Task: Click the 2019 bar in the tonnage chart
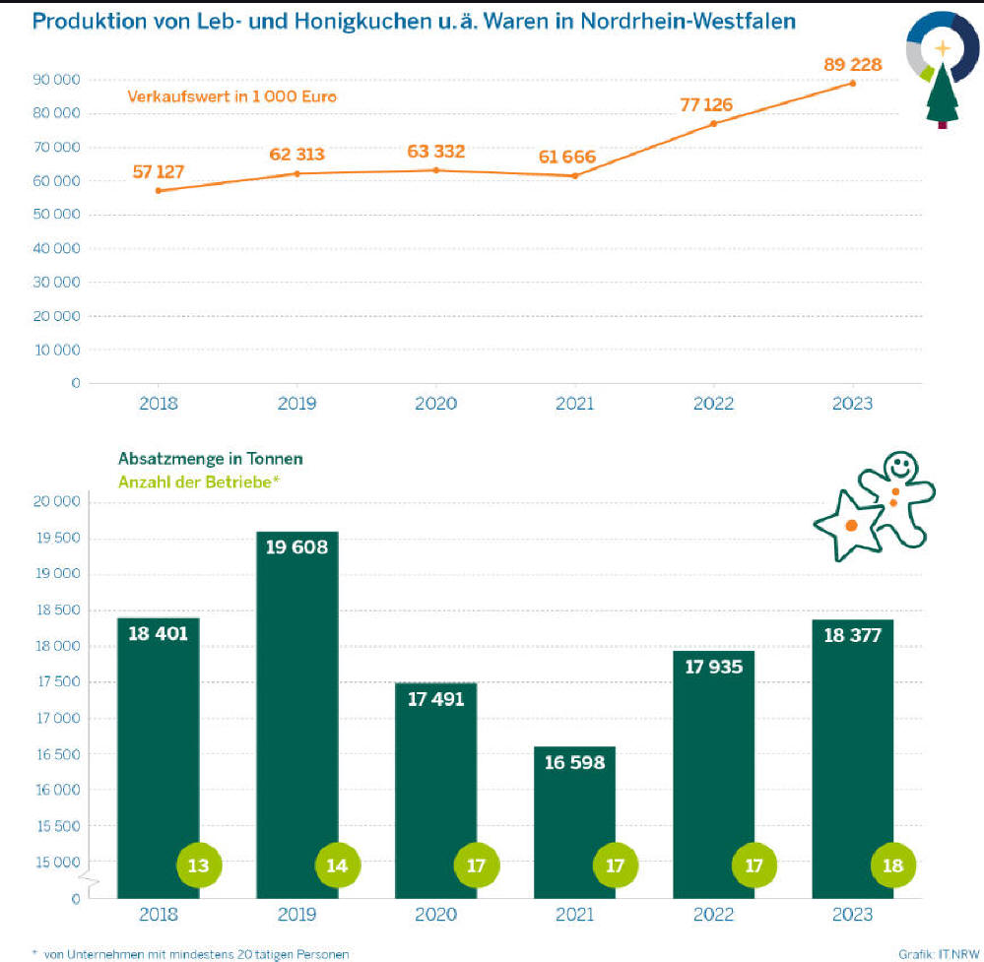coord(296,709)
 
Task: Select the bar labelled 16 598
coord(574,817)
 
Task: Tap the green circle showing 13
coord(198,866)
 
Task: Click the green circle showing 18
coord(893,866)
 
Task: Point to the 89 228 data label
coord(852,64)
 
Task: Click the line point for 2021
coord(574,175)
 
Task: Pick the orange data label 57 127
coord(158,171)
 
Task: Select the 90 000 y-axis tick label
coord(55,80)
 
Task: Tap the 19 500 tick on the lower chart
coord(55,539)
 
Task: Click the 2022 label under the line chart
coord(713,404)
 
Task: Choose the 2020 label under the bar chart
coord(435,915)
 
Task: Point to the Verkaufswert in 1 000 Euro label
coord(231,96)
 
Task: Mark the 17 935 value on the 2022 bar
coord(713,667)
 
